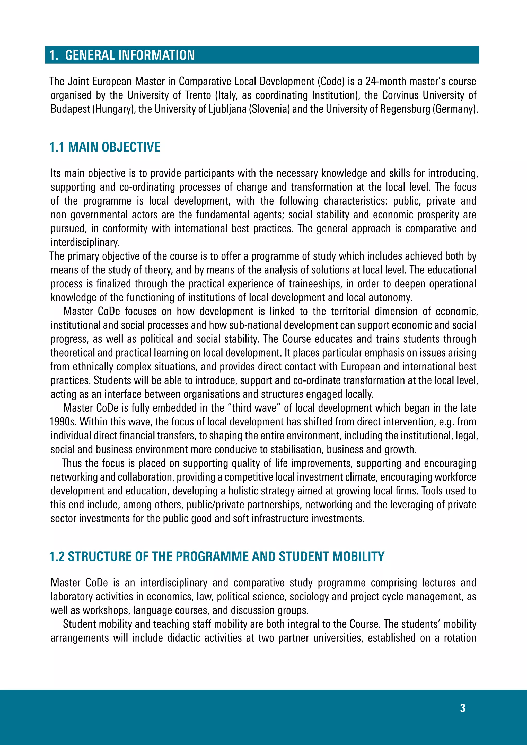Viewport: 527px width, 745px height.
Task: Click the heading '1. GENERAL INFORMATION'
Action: (x=122, y=55)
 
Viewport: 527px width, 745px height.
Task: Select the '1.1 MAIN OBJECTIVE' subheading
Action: (x=105, y=147)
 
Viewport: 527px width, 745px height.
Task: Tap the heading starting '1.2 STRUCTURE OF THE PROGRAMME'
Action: (x=217, y=556)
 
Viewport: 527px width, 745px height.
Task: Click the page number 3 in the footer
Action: (x=462, y=708)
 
